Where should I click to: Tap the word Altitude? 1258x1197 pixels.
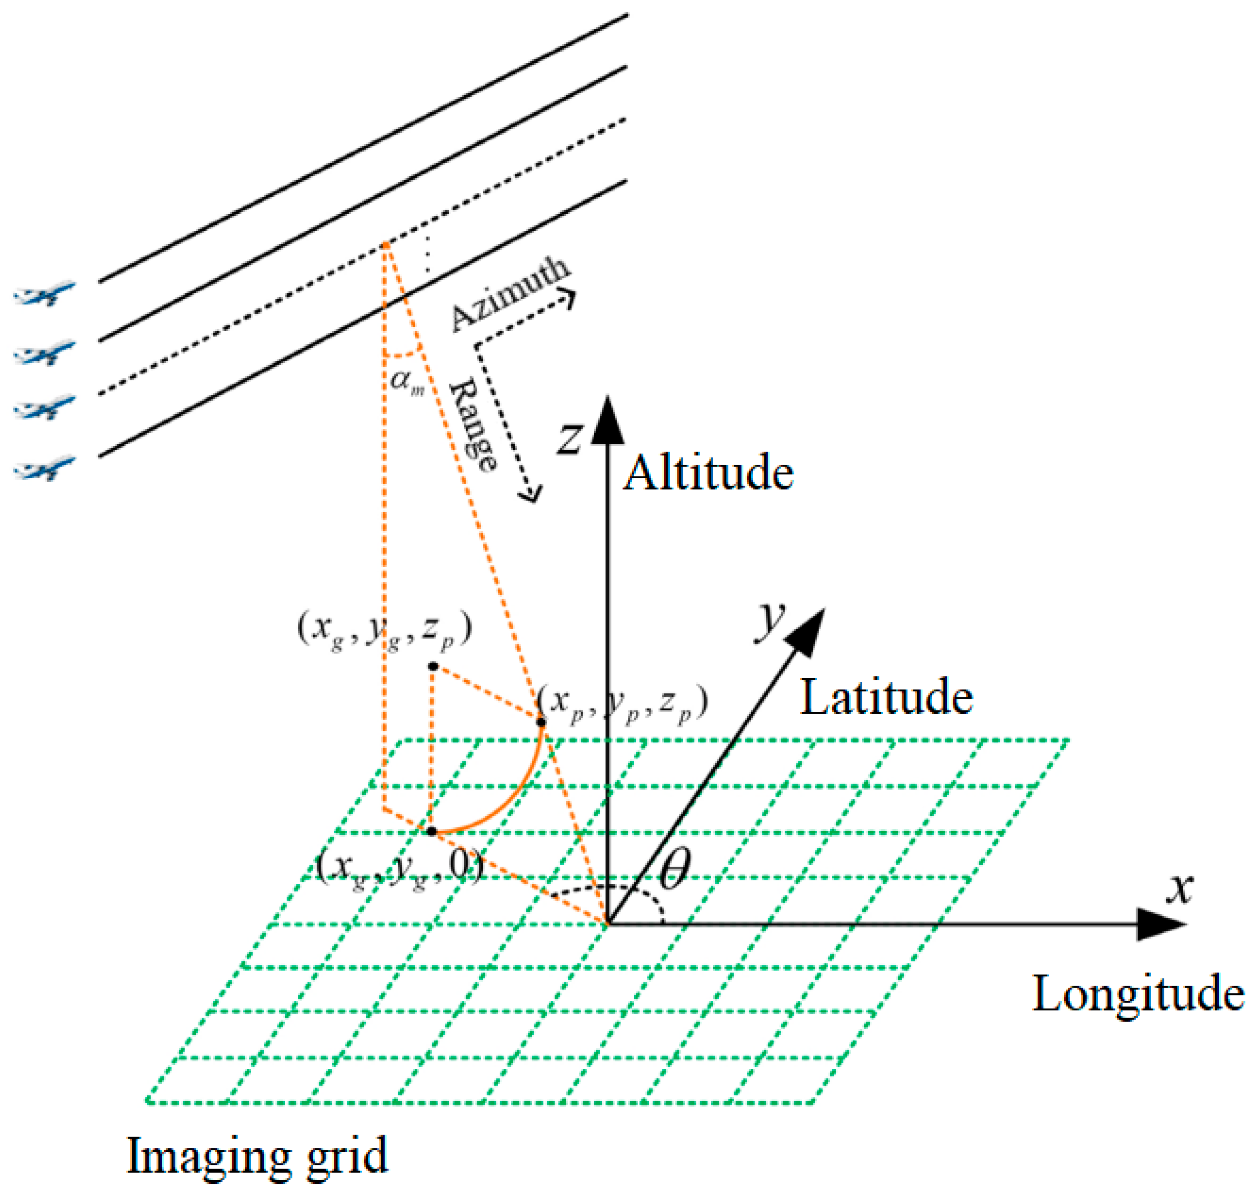[x=708, y=474]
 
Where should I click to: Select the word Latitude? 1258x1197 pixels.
[x=886, y=697]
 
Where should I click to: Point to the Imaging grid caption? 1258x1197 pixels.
[x=257, y=1155]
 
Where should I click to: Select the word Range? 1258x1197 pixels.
[x=474, y=424]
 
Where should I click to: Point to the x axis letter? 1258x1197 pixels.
[x=1180, y=887]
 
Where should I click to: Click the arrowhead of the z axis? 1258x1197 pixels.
[x=607, y=421]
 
